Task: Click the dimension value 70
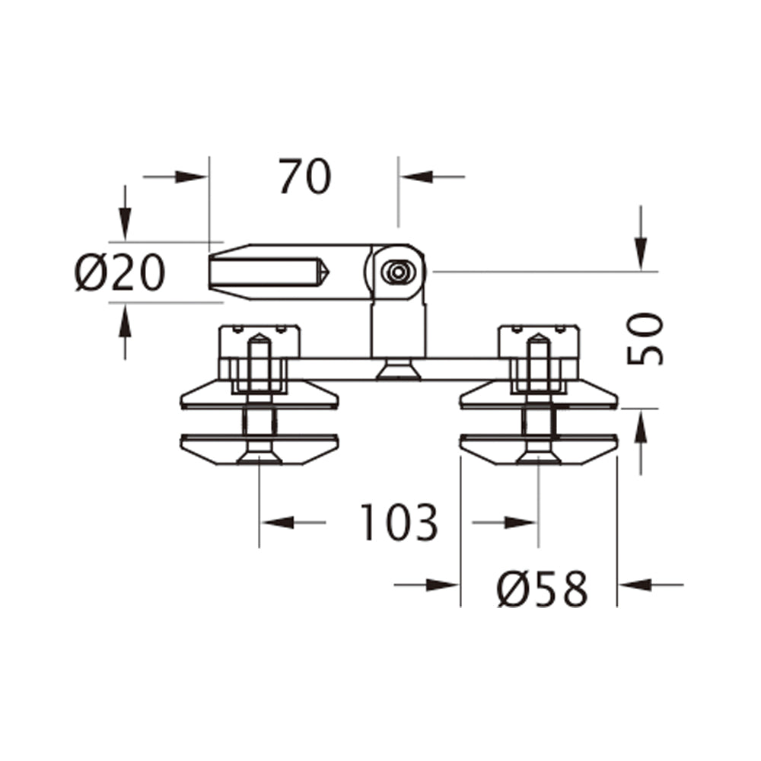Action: click(304, 177)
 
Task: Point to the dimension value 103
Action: click(399, 522)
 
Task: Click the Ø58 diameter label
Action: click(542, 588)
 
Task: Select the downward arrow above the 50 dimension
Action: click(642, 251)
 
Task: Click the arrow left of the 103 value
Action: click(279, 522)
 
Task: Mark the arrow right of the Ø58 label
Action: click(636, 584)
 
